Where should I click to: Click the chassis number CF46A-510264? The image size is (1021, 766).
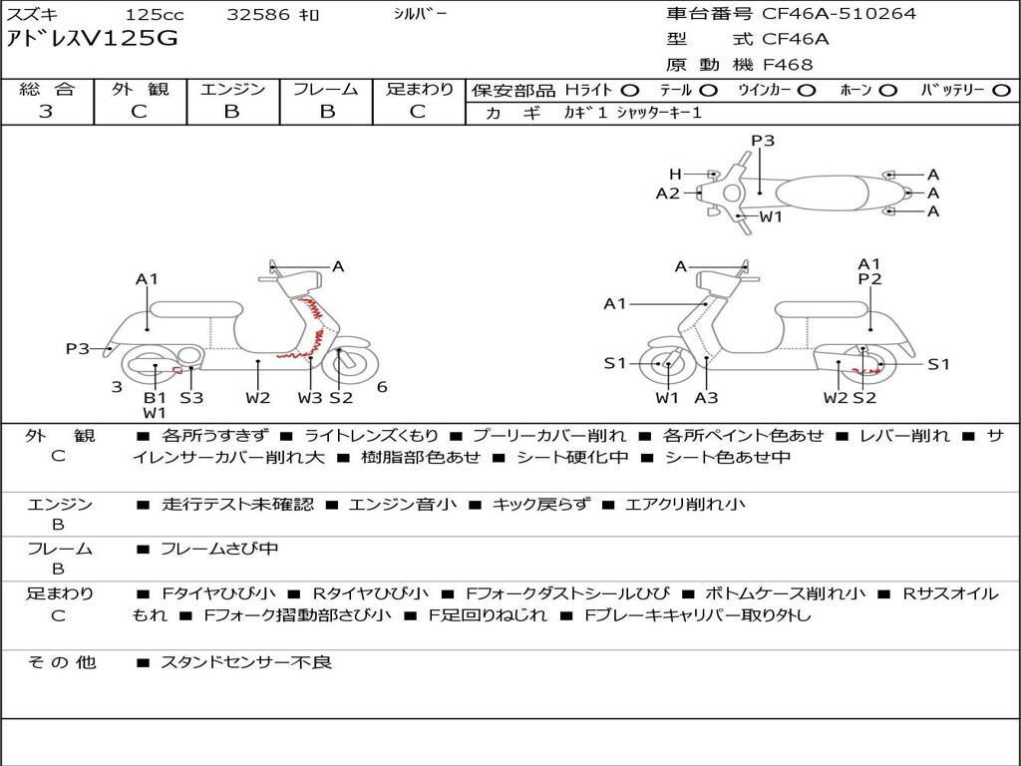[839, 14]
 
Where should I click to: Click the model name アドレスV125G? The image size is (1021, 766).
[92, 39]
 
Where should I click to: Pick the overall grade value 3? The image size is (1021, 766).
[46, 112]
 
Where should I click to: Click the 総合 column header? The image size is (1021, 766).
[47, 89]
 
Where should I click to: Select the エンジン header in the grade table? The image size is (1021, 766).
[232, 89]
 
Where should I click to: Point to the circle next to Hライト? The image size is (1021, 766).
[630, 91]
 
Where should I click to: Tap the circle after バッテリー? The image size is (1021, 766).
[1001, 91]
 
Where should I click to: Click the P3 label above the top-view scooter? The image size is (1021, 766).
[763, 140]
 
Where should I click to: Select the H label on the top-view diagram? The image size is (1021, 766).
[675, 174]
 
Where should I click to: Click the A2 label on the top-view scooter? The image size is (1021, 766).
[667, 193]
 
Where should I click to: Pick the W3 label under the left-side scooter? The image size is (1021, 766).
[310, 398]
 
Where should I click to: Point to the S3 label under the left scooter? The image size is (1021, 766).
[191, 398]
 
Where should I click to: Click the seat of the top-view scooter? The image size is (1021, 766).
[822, 193]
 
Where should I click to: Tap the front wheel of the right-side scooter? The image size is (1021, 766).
[664, 364]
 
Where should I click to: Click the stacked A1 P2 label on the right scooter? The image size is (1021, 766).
[869, 271]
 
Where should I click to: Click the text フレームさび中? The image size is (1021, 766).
[219, 550]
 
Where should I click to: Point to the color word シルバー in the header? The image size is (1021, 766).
[420, 13]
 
